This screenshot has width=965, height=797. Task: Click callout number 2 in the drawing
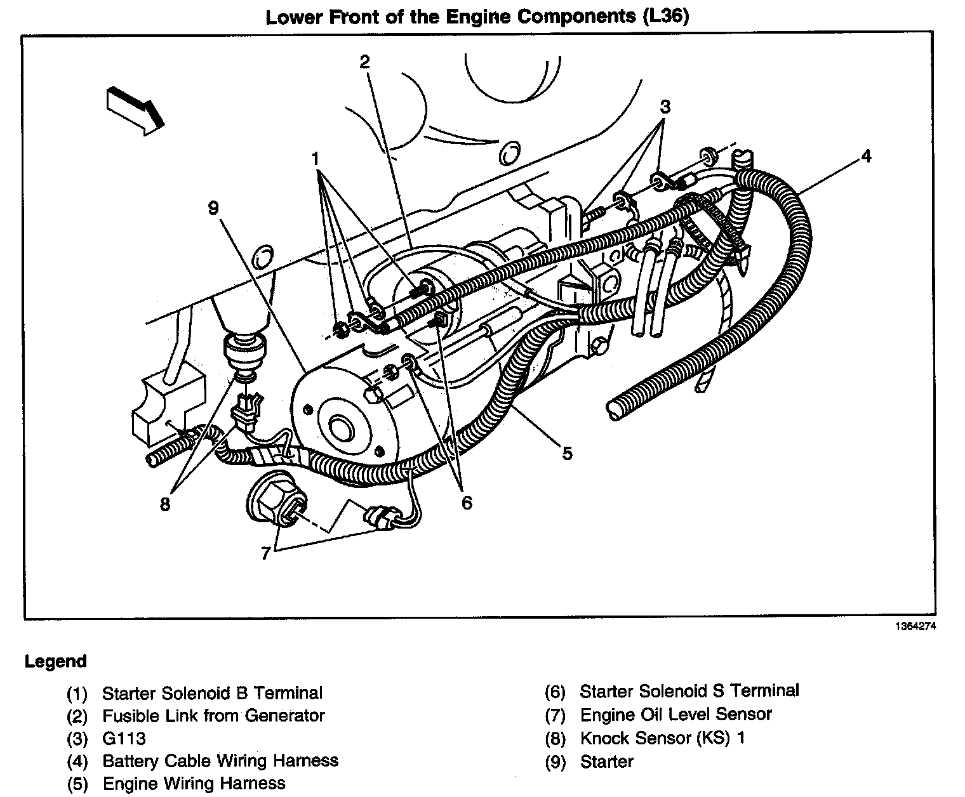tap(364, 62)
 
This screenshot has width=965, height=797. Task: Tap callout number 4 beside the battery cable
tap(866, 156)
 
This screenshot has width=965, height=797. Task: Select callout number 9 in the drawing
tap(214, 208)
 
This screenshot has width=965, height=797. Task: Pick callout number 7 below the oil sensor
tap(266, 553)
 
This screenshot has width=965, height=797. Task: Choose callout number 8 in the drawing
tap(165, 504)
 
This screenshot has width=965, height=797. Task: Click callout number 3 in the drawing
tap(664, 107)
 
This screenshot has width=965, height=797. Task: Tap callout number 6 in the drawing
tap(467, 503)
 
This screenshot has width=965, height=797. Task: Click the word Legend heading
tap(55, 662)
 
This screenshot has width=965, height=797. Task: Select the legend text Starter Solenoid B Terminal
tap(212, 693)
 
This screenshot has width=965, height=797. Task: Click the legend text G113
tap(124, 739)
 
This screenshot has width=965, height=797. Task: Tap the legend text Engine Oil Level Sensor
tap(675, 715)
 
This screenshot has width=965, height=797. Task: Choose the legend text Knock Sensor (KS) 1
tap(662, 739)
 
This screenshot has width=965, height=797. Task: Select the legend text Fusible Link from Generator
tap(213, 716)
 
